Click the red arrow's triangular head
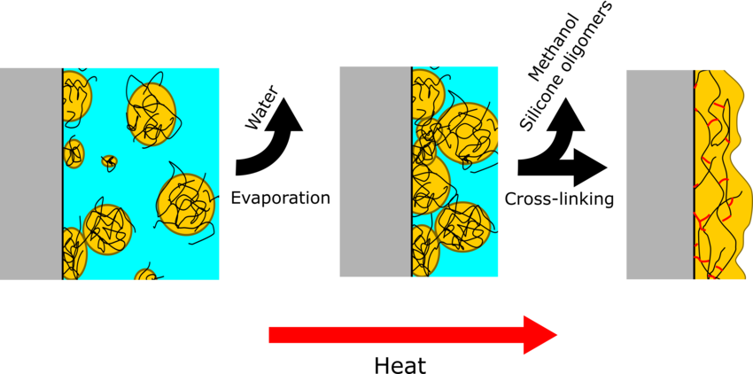pyautogui.click(x=539, y=335)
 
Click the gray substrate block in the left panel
pyautogui.click(x=31, y=174)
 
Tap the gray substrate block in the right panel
pyautogui.click(x=659, y=175)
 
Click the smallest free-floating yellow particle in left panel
pyautogui.click(x=109, y=161)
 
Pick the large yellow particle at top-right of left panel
pyautogui.click(x=151, y=113)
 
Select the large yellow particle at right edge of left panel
pyautogui.click(x=185, y=204)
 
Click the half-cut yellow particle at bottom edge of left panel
pyautogui.click(x=145, y=276)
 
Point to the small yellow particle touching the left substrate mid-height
pyautogui.click(x=74, y=153)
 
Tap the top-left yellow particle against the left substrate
pyautogui.click(x=75, y=96)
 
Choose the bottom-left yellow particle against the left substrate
pyautogui.click(x=73, y=254)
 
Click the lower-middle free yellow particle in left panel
pyautogui.click(x=108, y=230)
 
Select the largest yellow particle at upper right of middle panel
pyautogui.click(x=469, y=133)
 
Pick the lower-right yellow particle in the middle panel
pyautogui.click(x=463, y=227)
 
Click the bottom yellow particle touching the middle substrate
pyautogui.click(x=424, y=251)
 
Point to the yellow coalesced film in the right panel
pyautogui.click(x=719, y=177)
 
